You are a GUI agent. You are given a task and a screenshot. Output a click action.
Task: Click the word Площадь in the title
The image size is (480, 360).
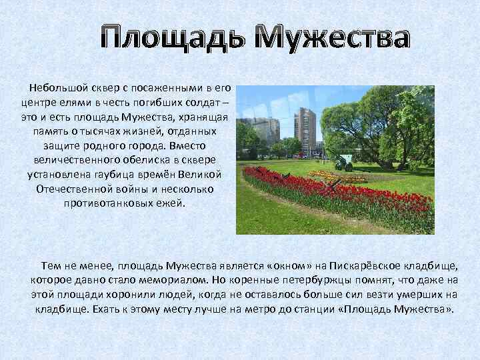click(175, 38)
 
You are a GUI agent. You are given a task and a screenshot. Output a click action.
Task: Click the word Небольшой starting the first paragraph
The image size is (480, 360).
click(57, 89)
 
